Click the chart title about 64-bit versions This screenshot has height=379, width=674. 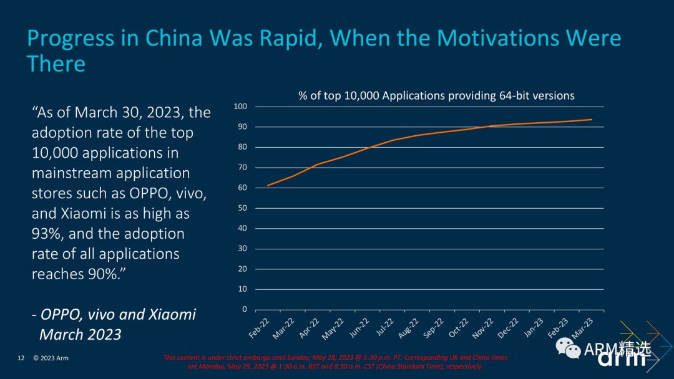(436, 96)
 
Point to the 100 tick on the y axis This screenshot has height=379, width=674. (241, 107)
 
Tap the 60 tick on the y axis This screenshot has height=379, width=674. (243, 188)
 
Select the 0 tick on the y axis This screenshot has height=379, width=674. (245, 309)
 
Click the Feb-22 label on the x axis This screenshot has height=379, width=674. (260, 327)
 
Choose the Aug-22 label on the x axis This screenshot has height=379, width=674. (409, 327)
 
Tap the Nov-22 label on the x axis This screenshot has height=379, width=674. (483, 327)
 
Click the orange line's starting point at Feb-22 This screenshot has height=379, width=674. (267, 186)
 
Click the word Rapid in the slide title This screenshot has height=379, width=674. (286, 39)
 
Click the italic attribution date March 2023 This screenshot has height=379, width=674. (81, 335)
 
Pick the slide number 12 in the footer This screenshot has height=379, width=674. (21, 358)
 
